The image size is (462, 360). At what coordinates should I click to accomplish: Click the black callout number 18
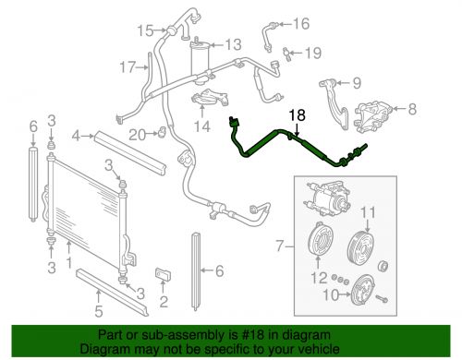click(x=298, y=115)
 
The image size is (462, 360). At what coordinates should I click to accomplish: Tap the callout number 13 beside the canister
click(x=234, y=45)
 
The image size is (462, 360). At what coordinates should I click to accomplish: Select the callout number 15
click(x=145, y=30)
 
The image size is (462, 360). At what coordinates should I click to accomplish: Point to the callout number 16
click(x=301, y=24)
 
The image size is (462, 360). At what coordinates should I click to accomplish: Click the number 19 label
click(x=313, y=53)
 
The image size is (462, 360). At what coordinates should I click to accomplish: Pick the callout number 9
click(x=357, y=83)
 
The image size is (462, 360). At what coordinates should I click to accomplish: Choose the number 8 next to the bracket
click(x=412, y=109)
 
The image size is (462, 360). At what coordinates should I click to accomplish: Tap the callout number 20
click(x=137, y=135)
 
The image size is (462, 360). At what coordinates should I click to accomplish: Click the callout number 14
click(x=202, y=126)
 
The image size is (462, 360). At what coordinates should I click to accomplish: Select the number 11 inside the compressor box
click(x=369, y=212)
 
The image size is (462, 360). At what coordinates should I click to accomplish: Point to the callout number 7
click(x=279, y=246)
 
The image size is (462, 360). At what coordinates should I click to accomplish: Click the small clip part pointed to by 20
click(x=162, y=133)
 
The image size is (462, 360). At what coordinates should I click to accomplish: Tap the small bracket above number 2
click(x=163, y=274)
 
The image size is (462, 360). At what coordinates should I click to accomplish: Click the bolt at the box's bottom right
click(x=382, y=298)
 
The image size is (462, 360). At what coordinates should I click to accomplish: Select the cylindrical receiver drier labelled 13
click(x=200, y=63)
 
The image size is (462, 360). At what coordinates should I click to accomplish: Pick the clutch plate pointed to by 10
click(x=363, y=290)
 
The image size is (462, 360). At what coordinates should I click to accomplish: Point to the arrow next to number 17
click(x=142, y=67)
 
